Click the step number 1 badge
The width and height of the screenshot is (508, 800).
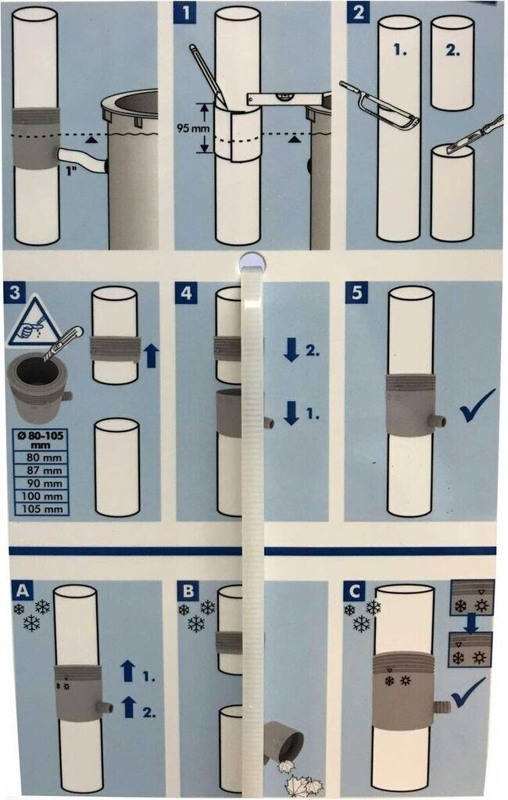184,12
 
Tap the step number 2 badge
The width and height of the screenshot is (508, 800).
358,12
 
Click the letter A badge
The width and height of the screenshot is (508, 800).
22,591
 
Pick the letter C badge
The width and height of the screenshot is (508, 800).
356,591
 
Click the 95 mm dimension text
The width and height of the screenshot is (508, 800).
193,128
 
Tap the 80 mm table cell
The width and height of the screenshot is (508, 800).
41,457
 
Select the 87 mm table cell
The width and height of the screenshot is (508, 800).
41,470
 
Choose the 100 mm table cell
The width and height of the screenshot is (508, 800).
41,496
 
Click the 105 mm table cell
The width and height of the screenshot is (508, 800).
41,509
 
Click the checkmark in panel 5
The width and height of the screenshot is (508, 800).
477,406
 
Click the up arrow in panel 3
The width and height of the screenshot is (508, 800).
151,355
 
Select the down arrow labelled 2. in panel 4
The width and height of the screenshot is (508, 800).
292,351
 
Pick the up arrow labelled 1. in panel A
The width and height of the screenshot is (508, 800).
128,672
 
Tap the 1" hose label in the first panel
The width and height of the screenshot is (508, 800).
70,170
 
